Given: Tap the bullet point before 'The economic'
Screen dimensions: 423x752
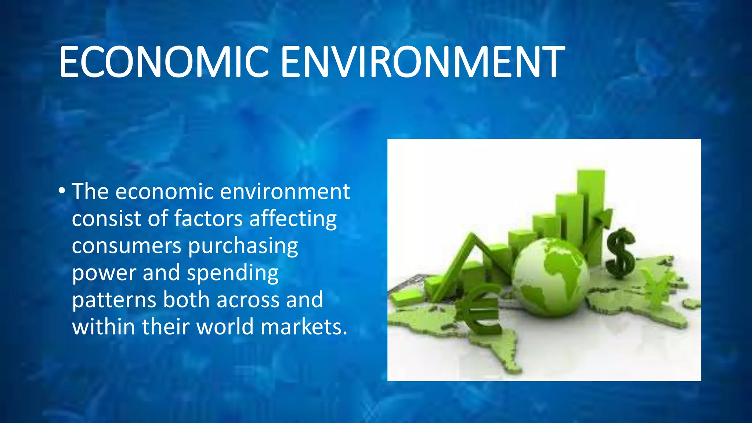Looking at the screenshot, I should point(62,191).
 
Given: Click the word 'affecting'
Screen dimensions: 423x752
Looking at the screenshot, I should point(293,219).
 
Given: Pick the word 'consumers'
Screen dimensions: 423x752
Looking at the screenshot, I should point(126,246).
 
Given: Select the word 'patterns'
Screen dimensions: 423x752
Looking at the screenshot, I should point(114,300).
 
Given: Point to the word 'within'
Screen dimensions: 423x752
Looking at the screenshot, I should point(104,326).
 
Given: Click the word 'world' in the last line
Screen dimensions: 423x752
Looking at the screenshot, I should point(225,326).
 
